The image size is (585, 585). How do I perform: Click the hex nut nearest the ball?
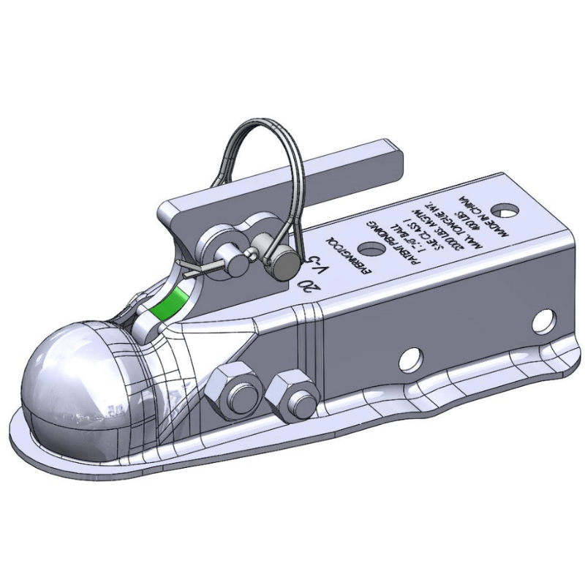pyautogui.click(x=234, y=390)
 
